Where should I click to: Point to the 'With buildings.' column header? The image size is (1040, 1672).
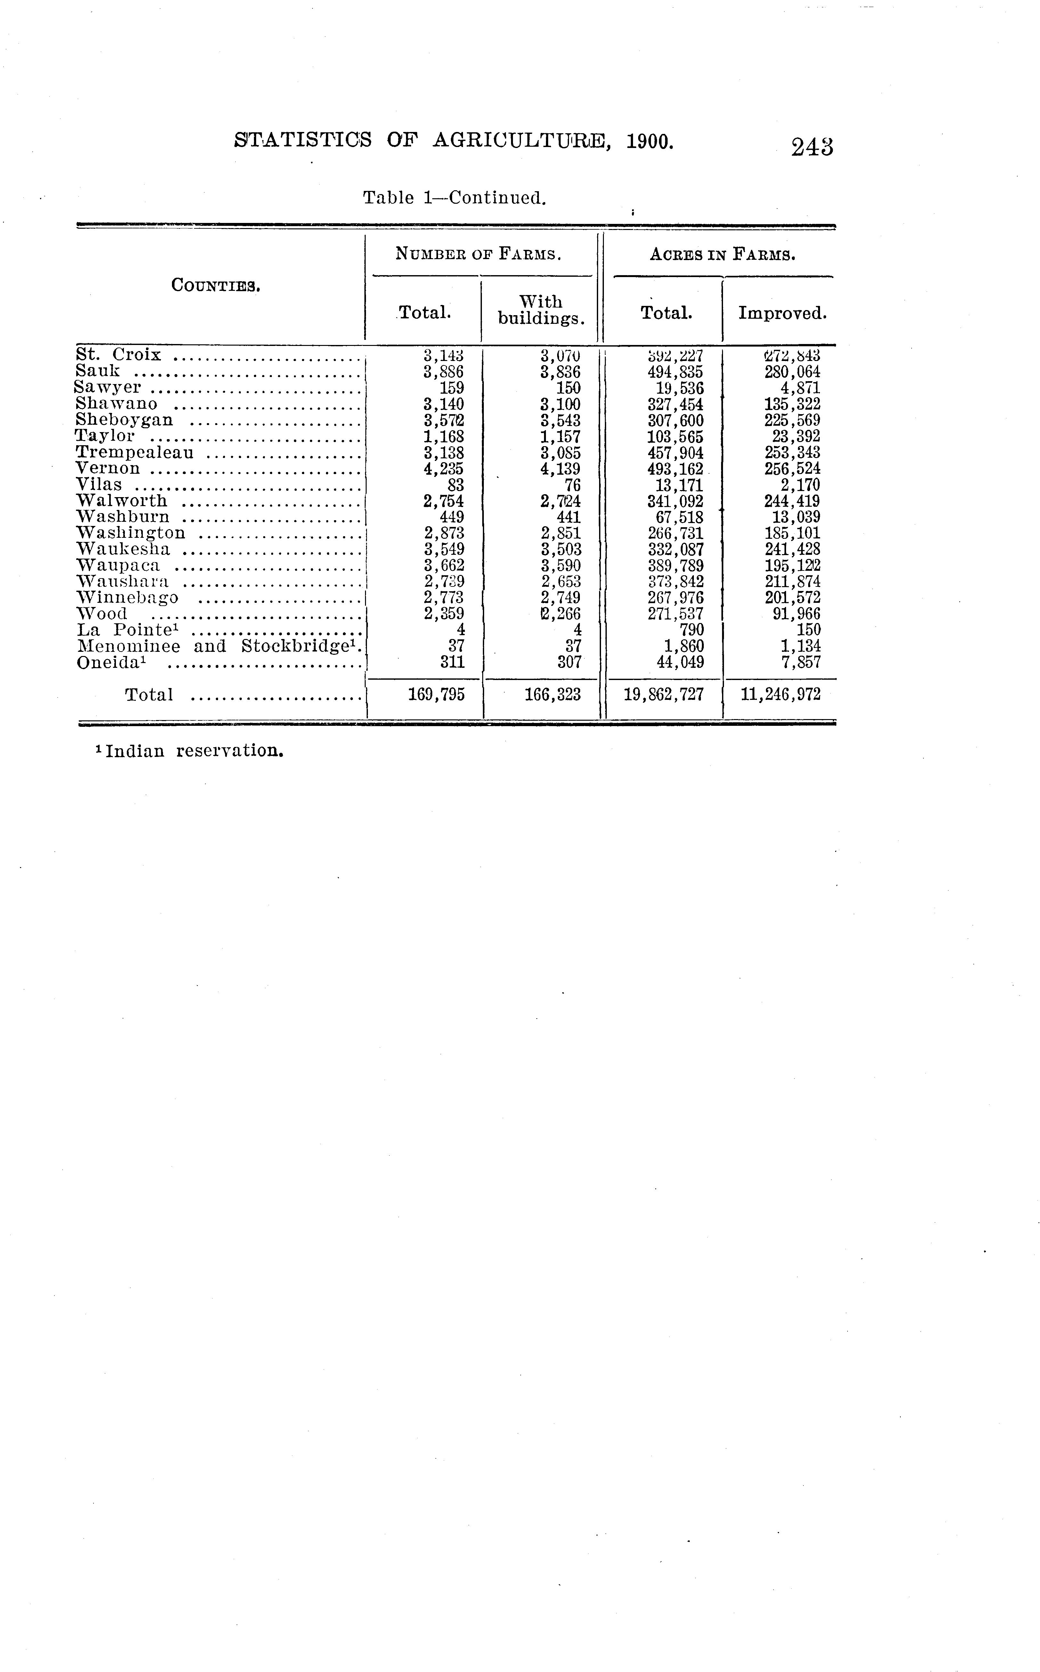(540, 310)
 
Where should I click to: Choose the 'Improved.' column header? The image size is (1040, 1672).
(782, 314)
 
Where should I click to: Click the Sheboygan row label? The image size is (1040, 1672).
(125, 421)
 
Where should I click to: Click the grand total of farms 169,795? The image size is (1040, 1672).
(436, 695)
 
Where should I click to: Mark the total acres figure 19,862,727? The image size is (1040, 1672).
(664, 695)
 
